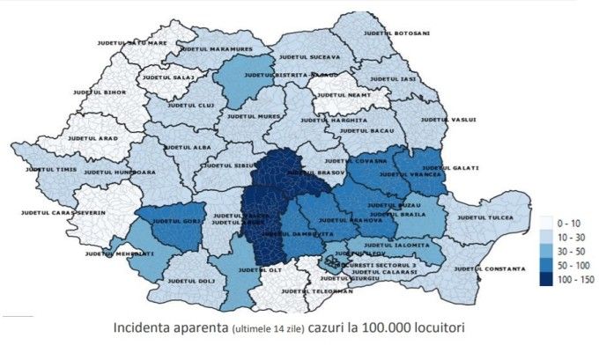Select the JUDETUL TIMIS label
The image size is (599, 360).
(51, 168)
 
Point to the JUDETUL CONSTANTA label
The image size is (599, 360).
(484, 268)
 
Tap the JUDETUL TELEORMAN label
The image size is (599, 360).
(311, 290)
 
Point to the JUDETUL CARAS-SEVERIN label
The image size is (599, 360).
(64, 213)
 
